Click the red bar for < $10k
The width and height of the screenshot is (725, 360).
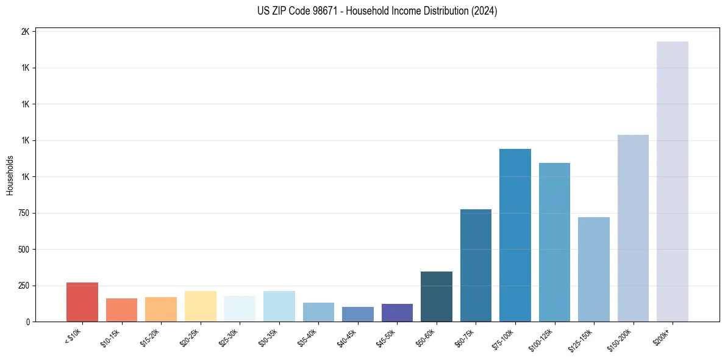click(82, 302)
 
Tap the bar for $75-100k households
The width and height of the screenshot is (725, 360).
click(515, 235)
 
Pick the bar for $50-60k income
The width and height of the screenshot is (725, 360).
click(437, 297)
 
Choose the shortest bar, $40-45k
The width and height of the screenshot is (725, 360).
click(358, 314)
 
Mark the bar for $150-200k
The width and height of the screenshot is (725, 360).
click(633, 228)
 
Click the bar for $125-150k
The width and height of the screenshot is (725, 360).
click(594, 269)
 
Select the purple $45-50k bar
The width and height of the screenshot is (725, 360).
click(397, 312)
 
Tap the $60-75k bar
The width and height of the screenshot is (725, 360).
click(476, 265)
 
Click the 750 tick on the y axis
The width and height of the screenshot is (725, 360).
click(24, 213)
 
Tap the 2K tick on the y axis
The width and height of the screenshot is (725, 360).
click(26, 32)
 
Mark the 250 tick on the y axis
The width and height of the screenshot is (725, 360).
click(24, 286)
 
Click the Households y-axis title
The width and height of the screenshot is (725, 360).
click(10, 175)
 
